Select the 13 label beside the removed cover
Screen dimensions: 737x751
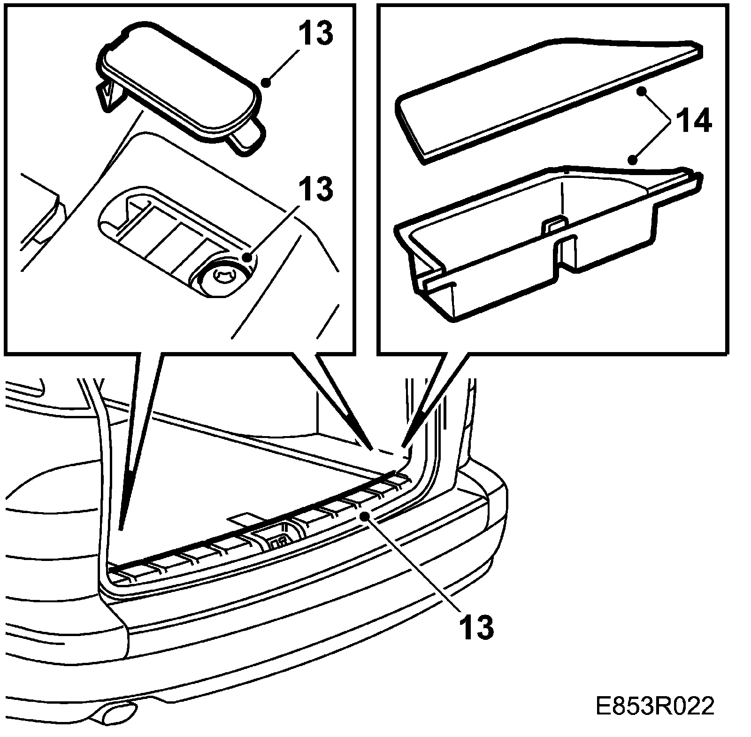316,33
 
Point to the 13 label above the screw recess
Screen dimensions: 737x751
316,189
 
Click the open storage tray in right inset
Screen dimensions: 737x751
540,239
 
